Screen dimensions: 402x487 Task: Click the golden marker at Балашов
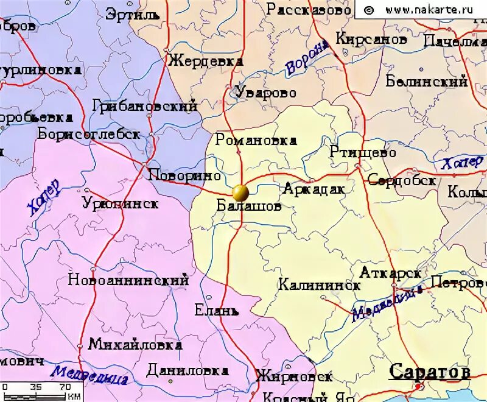click(x=240, y=193)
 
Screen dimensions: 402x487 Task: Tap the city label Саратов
click(x=430, y=372)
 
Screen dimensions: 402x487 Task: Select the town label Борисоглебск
click(x=89, y=134)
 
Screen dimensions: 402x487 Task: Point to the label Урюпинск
click(x=121, y=203)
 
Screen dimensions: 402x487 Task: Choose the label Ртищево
click(x=363, y=152)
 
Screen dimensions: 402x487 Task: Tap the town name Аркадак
click(x=314, y=189)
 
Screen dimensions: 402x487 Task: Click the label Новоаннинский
click(x=128, y=281)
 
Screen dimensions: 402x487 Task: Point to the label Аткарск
click(x=390, y=272)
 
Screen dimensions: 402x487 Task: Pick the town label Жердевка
click(x=206, y=62)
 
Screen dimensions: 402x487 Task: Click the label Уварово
click(x=266, y=93)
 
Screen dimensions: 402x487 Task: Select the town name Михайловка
click(x=135, y=345)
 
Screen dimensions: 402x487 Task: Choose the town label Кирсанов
click(x=371, y=39)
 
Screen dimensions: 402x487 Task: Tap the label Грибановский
click(x=145, y=106)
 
